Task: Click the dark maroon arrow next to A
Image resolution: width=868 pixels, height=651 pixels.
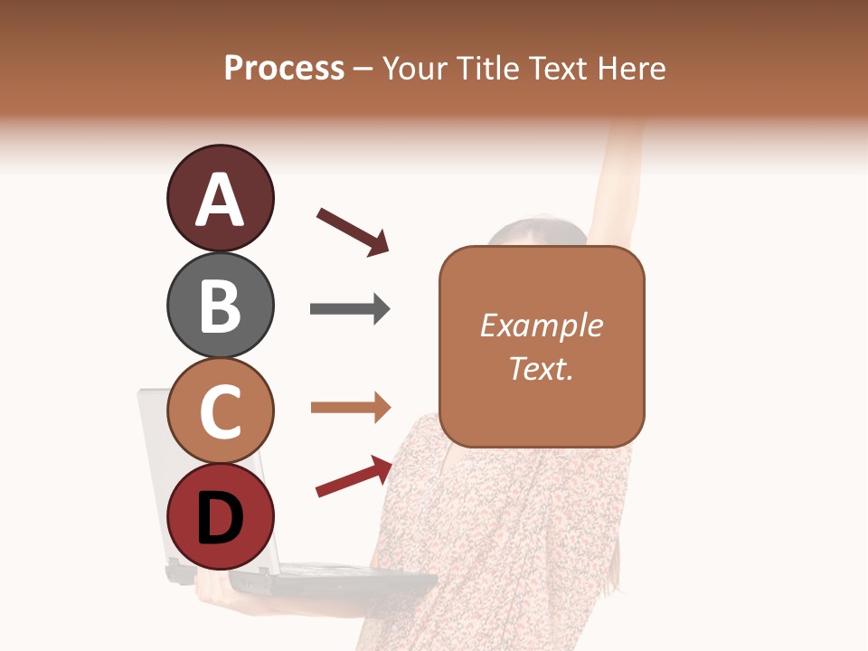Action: click(x=353, y=231)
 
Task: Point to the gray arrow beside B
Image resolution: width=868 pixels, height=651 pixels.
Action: click(x=350, y=309)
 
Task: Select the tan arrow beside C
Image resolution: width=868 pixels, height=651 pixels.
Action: click(x=350, y=408)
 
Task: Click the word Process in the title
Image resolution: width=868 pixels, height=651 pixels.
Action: click(x=284, y=69)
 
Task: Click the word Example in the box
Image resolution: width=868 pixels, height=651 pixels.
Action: click(x=541, y=326)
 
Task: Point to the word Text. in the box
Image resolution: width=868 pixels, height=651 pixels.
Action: click(x=541, y=368)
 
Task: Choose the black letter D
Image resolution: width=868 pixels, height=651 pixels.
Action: click(x=220, y=518)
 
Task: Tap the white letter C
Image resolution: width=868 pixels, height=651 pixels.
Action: click(x=220, y=412)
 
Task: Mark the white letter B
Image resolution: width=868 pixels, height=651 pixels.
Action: click(x=220, y=306)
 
